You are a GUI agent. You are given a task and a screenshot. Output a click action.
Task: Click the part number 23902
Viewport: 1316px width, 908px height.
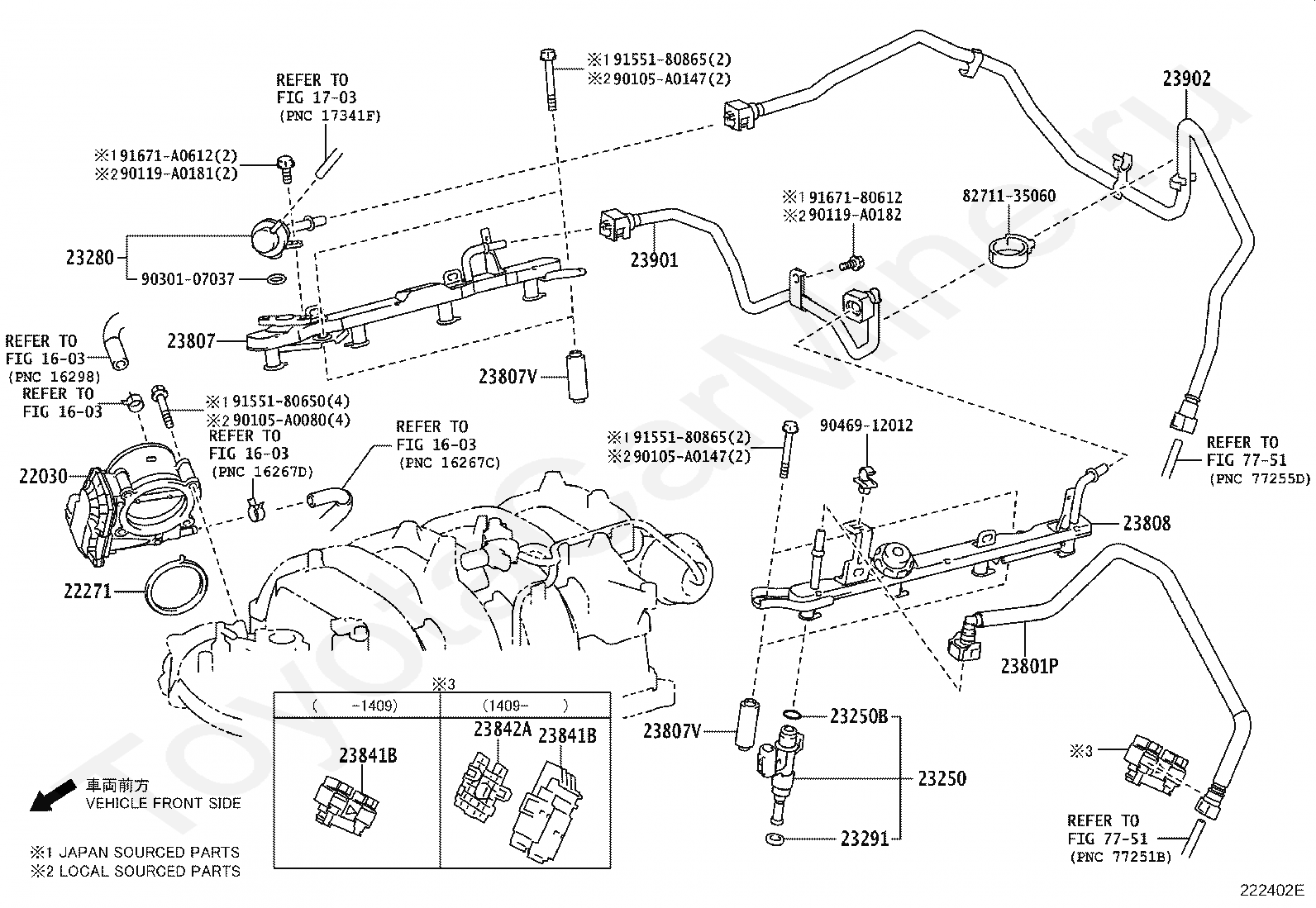click(x=1186, y=78)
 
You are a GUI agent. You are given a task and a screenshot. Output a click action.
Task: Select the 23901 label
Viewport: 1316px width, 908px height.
click(x=654, y=259)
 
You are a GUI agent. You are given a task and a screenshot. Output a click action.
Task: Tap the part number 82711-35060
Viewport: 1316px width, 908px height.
click(x=1008, y=196)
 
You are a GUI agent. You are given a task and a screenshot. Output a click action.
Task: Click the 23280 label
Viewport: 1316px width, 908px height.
click(x=90, y=257)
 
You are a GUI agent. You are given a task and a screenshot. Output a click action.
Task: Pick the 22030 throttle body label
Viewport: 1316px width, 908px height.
click(x=43, y=476)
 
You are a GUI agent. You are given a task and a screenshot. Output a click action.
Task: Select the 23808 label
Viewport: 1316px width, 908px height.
click(x=1147, y=523)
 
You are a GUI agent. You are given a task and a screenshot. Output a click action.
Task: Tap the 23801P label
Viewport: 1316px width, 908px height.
click(x=1029, y=665)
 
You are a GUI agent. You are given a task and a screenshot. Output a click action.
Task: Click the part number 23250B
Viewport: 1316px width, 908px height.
click(x=859, y=716)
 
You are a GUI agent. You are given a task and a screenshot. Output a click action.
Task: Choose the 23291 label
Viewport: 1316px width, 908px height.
click(x=865, y=839)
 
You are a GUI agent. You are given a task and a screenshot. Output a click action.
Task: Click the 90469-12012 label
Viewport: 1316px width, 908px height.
click(x=866, y=425)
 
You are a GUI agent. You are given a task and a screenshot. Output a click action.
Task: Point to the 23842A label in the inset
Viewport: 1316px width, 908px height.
click(x=502, y=729)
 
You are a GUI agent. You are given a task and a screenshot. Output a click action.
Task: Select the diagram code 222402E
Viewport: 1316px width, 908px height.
click(x=1271, y=891)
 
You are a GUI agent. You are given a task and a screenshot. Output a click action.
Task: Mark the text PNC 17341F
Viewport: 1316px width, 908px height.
click(x=328, y=116)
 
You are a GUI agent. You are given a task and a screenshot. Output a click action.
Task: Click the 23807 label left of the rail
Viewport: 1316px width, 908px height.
click(x=191, y=340)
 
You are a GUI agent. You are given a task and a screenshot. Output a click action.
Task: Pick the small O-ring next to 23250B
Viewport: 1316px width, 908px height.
click(x=790, y=714)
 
